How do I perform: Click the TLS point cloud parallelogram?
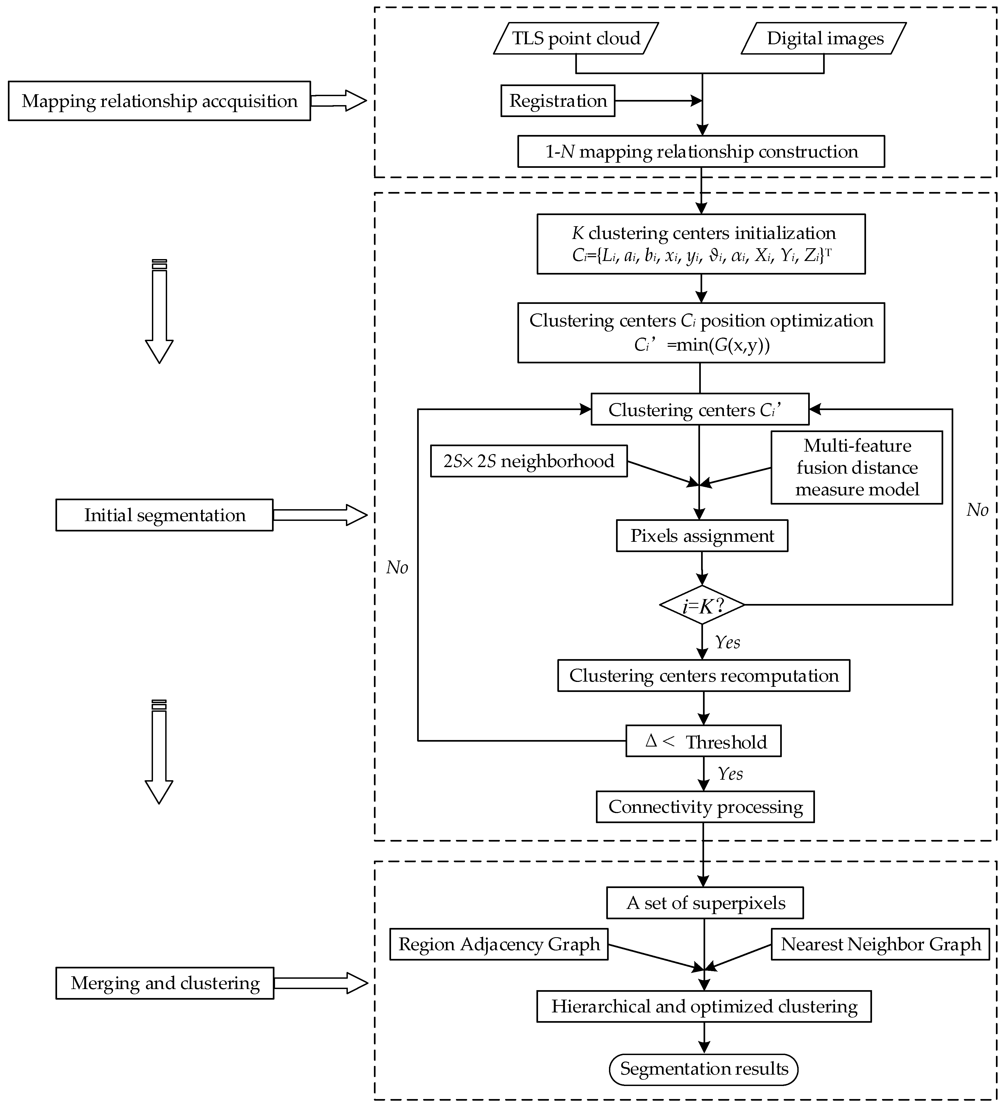pos(576,39)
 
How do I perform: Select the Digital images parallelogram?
pos(824,39)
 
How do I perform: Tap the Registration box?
pos(558,100)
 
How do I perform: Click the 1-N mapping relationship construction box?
pos(701,152)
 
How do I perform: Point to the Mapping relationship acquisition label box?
pos(160,101)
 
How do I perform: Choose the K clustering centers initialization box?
pos(701,244)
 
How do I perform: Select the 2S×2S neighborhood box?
pos(529,461)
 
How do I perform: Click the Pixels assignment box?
pos(702,536)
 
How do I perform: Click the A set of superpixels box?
pos(705,903)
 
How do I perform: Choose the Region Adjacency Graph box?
pos(499,944)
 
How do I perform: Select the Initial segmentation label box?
pos(164,515)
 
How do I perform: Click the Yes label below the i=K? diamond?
pos(727,642)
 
